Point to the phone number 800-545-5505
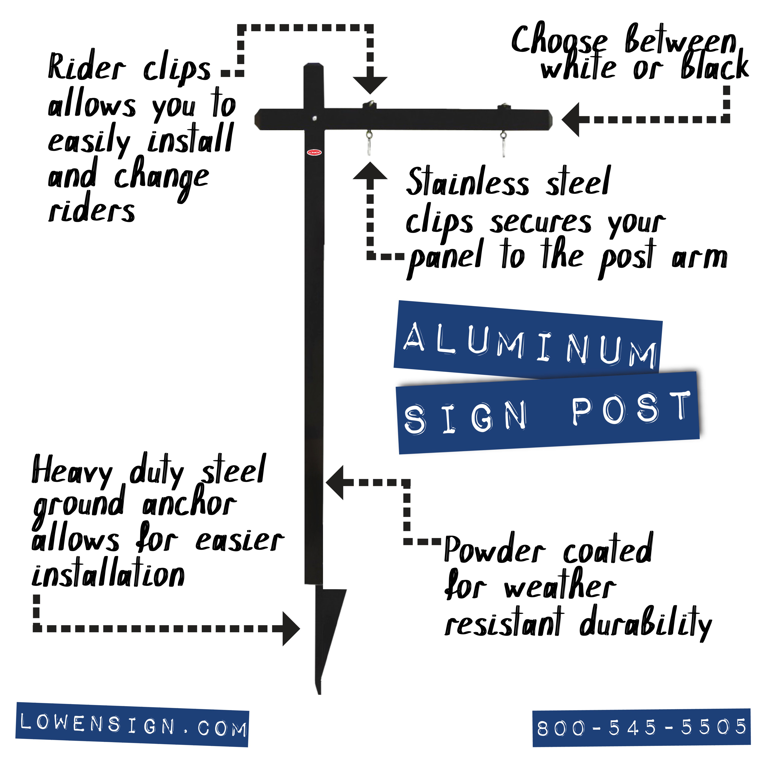[641, 727]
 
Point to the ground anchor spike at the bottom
[325, 632]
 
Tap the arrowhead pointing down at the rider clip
[370, 85]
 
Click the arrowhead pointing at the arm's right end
[571, 119]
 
